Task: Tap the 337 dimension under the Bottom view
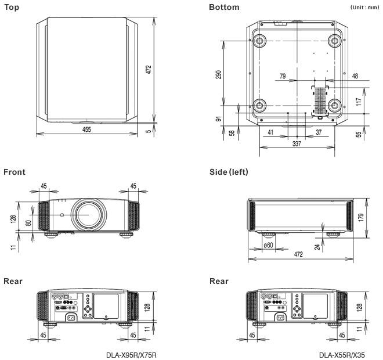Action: point(296,144)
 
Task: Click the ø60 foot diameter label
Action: point(268,246)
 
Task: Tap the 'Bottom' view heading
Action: point(223,7)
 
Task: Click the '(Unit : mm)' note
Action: point(364,8)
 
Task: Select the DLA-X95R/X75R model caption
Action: point(131,355)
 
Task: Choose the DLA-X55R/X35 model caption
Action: point(342,355)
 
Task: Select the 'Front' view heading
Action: point(15,172)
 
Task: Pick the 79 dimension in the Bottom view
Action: point(283,75)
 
